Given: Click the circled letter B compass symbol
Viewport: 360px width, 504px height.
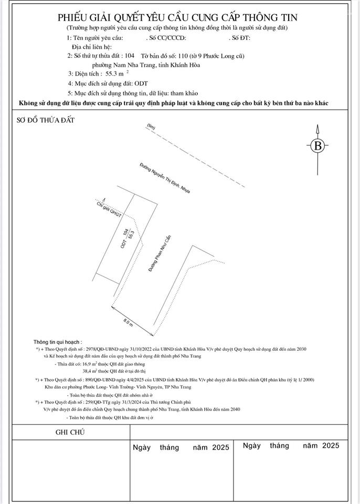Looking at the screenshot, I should tap(317, 146).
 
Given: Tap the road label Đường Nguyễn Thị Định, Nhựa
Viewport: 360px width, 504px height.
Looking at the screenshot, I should tap(164, 178).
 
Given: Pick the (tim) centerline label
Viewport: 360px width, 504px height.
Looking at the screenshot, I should tap(152, 128).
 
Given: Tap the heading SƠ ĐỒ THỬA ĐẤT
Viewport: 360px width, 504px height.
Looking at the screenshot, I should tap(46, 120).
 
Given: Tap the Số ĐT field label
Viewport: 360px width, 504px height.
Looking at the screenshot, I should tap(240, 38).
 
